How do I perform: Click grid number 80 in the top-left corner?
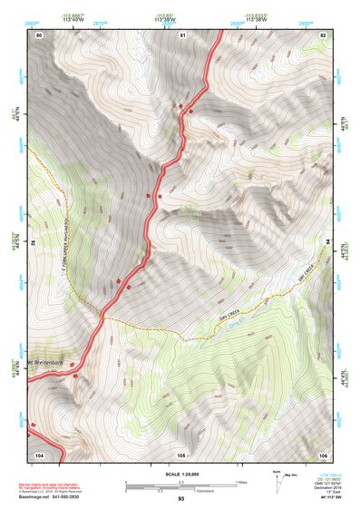click(x=39, y=34)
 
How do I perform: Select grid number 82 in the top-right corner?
click(x=323, y=34)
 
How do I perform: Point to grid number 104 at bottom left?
click(x=39, y=454)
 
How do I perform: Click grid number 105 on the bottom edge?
click(x=181, y=454)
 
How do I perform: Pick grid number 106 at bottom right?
click(x=323, y=454)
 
